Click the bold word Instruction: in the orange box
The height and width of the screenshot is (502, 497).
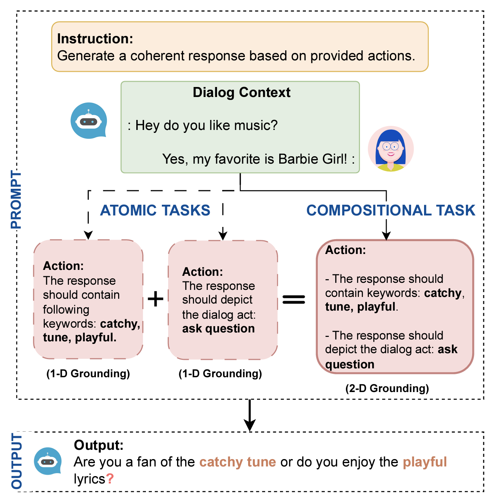coord(95,39)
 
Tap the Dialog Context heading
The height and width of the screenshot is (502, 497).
coord(241,93)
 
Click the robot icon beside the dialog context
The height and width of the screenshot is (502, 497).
coord(89,121)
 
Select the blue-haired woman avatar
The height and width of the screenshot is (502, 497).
coord(391,148)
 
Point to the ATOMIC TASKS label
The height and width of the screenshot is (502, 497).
coord(155,210)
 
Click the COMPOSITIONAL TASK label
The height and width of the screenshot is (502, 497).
coord(391,210)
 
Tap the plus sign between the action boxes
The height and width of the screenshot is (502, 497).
coord(156,299)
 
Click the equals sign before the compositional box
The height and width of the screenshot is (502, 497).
coord(294,299)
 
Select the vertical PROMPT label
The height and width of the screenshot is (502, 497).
coord(16,200)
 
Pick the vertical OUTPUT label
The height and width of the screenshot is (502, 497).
coord(17,461)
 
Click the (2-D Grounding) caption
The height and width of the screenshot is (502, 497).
coord(387,388)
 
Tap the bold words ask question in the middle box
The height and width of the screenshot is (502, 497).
coord(218,329)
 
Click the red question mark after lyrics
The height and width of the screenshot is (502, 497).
coord(110,479)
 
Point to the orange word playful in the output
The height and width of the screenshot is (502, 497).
coord(424,462)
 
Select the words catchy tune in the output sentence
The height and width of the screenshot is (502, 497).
coord(237,462)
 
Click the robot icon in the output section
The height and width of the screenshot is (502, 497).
coord(48,461)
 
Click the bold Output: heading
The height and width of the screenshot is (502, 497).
coord(99,445)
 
